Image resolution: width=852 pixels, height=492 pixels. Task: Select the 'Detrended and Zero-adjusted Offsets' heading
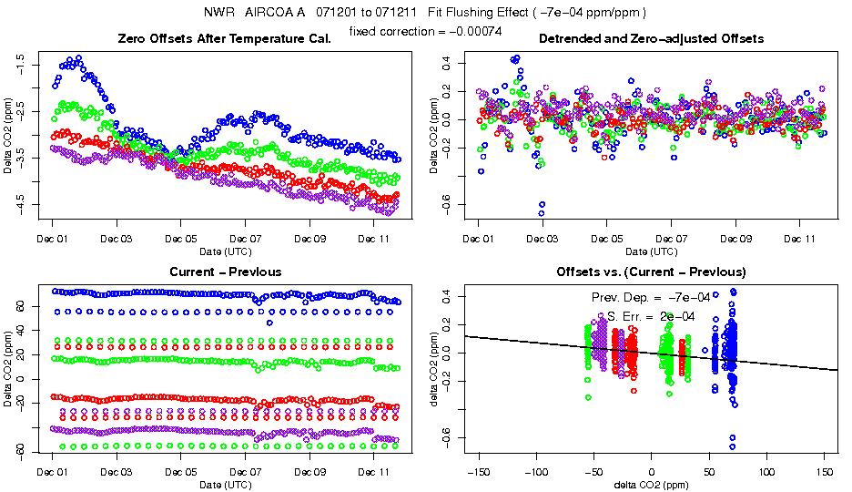click(x=651, y=39)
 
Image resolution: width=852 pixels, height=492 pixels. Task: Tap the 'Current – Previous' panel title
click(x=225, y=272)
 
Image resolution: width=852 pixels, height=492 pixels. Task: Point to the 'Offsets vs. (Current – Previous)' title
click(x=651, y=272)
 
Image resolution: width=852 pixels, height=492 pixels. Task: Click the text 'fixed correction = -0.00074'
click(x=426, y=31)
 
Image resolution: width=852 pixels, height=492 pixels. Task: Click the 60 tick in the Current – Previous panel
click(x=23, y=307)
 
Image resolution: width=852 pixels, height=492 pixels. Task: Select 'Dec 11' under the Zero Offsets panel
click(x=373, y=239)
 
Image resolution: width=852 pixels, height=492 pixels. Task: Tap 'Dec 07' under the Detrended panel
click(x=671, y=239)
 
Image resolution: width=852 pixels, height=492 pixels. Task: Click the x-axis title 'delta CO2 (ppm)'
click(x=651, y=485)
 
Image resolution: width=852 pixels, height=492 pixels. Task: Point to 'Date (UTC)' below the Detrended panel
click(x=651, y=251)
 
